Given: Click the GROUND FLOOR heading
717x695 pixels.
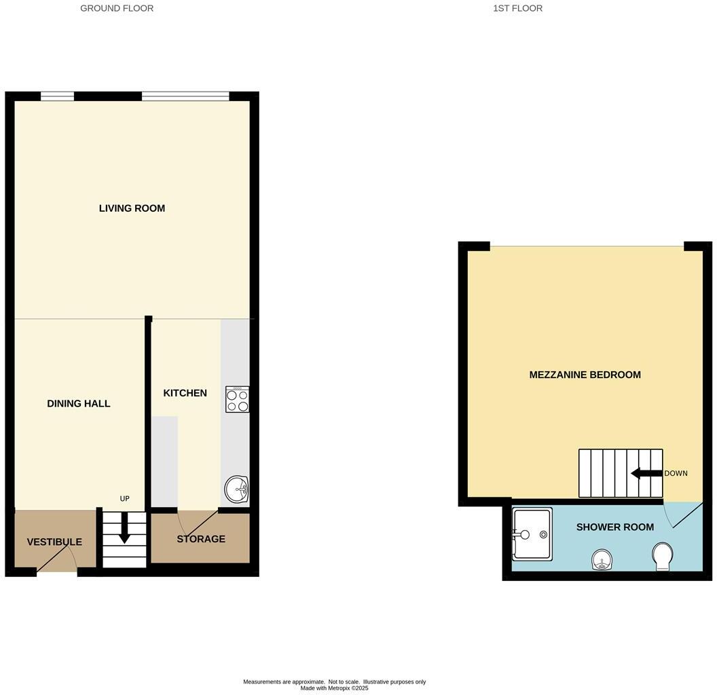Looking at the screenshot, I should (x=117, y=8).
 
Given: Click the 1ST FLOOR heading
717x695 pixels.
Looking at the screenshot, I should (x=517, y=8).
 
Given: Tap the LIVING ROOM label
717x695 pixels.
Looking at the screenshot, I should (x=132, y=208).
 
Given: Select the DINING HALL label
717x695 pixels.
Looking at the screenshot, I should (x=78, y=404).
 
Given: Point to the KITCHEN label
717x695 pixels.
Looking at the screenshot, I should (x=185, y=393).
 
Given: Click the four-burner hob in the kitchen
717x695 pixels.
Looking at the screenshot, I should (x=237, y=400).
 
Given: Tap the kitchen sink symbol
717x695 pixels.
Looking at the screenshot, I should (x=237, y=489).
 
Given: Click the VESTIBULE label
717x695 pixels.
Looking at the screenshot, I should (x=54, y=542).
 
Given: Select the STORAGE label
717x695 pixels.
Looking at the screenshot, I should (x=200, y=539).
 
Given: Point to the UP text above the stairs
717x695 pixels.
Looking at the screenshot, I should (x=124, y=499).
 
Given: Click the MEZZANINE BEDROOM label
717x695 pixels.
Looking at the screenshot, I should (x=585, y=375).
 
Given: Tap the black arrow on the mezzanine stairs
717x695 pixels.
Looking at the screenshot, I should (x=646, y=474).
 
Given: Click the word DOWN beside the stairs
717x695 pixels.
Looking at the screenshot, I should (x=676, y=474).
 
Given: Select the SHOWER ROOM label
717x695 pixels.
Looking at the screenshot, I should (x=614, y=527).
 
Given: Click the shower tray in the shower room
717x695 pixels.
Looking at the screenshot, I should (x=532, y=534).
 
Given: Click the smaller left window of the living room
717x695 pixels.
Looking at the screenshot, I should (x=57, y=96).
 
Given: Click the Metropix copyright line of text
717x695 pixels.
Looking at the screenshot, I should (x=334, y=688).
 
